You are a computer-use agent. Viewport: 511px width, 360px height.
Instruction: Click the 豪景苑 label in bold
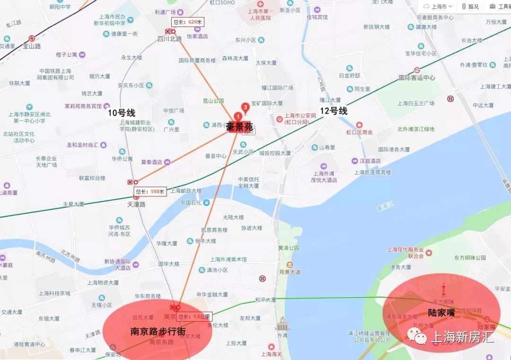click(x=239, y=127)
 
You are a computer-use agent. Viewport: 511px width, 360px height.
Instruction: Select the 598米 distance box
click(x=150, y=192)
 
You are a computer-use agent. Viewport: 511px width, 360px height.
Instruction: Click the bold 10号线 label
click(x=122, y=113)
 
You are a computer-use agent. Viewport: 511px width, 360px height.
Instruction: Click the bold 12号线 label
click(x=334, y=111)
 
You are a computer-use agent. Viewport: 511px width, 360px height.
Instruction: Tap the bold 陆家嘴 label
click(x=441, y=313)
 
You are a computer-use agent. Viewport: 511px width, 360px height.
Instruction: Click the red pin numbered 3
click(x=245, y=107)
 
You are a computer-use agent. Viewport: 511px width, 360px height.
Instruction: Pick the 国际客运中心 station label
click(x=416, y=78)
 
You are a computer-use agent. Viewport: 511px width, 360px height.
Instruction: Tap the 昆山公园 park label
click(x=213, y=101)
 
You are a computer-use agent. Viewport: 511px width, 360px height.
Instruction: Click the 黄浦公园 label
click(x=289, y=248)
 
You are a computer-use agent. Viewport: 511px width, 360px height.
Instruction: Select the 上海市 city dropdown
click(x=437, y=6)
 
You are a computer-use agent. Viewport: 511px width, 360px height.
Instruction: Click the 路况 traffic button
click(x=470, y=6)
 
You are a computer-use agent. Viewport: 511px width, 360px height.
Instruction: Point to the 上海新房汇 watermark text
click(x=461, y=337)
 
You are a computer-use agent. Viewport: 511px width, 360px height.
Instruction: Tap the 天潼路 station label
click(x=136, y=204)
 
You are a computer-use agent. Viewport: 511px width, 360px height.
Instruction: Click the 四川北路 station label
click(x=169, y=39)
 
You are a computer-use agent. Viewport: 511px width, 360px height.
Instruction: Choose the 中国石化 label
click(x=192, y=202)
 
